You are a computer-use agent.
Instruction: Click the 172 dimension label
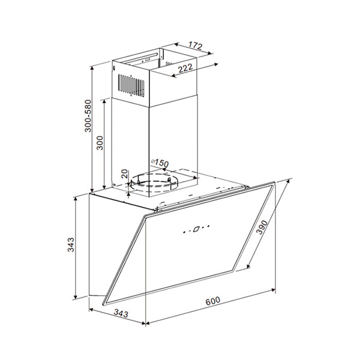tap(196, 45)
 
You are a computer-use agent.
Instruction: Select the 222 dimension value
tap(185, 68)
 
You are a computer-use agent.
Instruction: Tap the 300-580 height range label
tap(88, 116)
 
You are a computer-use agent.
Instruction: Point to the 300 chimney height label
tap(100, 143)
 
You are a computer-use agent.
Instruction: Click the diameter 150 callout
tap(160, 163)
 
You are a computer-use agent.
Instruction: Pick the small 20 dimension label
tap(124, 174)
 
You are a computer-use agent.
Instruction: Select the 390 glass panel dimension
tap(262, 227)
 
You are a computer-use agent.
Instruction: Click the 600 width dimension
tap(212, 301)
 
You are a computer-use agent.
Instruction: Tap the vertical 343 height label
tap(71, 245)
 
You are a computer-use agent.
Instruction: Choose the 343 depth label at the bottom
tap(121, 313)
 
